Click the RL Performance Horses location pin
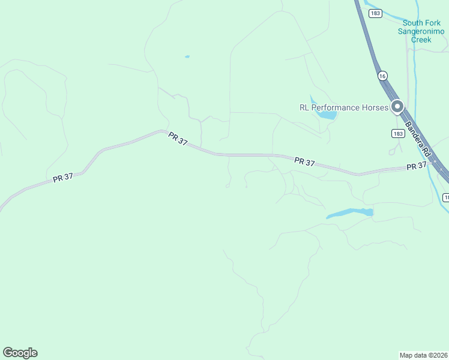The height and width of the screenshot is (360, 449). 397,107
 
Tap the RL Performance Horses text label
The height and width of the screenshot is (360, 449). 344,107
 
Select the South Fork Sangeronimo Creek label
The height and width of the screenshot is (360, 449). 421,31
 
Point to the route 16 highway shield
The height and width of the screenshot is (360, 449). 382,76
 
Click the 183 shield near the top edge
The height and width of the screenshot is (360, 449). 375,13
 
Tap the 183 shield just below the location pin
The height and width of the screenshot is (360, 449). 397,134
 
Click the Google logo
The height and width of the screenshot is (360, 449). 20,353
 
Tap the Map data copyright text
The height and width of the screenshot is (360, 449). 424,355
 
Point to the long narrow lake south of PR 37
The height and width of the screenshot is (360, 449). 349,213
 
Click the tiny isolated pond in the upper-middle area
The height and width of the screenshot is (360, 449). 187,57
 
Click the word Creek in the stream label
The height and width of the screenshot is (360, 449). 421,40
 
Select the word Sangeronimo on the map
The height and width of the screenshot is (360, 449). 421,31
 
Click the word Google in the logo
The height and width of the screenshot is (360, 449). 20,353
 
